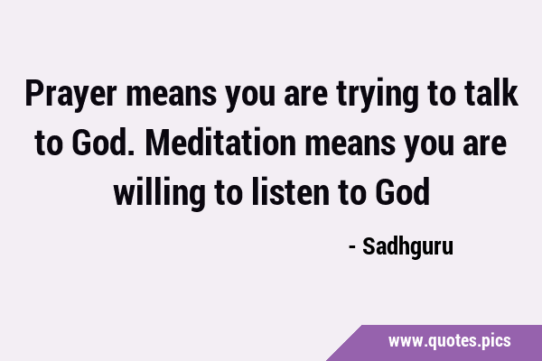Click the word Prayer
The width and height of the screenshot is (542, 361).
pyautogui.click(x=70, y=94)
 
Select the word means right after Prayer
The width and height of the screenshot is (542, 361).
pyautogui.click(x=172, y=96)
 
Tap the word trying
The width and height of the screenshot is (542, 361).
pyautogui.click(x=377, y=95)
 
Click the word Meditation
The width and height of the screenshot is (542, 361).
pyautogui.click(x=220, y=142)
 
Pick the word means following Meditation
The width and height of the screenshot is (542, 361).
pyautogui.click(x=350, y=144)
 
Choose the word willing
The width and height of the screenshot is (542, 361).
pyautogui.click(x=160, y=193)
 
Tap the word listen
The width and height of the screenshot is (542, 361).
pyautogui.click(x=290, y=191)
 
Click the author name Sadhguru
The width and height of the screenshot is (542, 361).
pyautogui.click(x=408, y=246)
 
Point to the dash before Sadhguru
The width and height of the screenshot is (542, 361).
pyautogui.click(x=352, y=247)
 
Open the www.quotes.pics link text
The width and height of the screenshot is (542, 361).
pyautogui.click(x=449, y=341)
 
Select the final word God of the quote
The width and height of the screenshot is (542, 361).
pyautogui.click(x=403, y=191)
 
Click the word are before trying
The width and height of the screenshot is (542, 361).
pyautogui.click(x=306, y=96)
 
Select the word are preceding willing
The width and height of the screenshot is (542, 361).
pyautogui.click(x=484, y=144)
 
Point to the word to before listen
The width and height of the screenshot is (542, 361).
pyautogui.click(x=229, y=193)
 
